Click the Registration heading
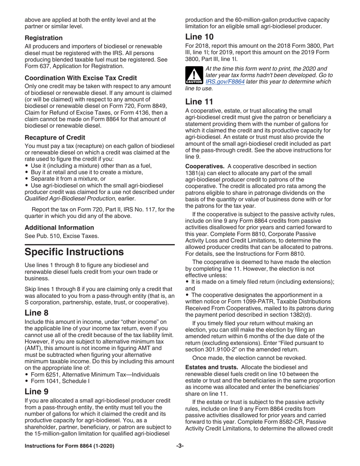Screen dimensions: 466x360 (x=44, y=38)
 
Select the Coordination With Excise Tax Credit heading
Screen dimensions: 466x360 (x=81, y=78)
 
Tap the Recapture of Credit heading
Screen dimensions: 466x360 (x=55, y=137)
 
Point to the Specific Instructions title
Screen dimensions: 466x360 (x=74, y=252)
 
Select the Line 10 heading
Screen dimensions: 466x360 (x=199, y=37)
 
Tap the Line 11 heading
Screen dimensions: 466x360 (x=199, y=102)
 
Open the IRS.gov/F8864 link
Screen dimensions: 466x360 (x=225, y=82)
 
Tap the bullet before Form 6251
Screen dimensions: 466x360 (x=27, y=375)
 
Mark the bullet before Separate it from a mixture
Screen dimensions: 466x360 (x=27, y=178)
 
